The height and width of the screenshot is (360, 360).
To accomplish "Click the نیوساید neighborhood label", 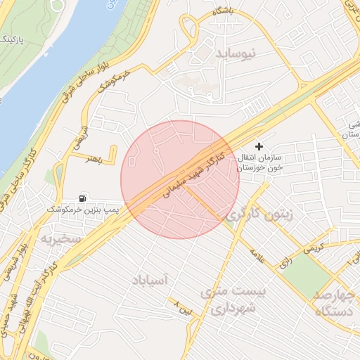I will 236,53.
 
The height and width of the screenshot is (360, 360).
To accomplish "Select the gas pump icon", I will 84,198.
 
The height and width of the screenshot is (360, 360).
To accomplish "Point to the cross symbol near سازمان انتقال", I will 259,146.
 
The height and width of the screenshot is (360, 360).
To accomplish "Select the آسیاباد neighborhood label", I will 149,280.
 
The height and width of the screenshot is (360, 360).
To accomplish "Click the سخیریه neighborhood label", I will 61,239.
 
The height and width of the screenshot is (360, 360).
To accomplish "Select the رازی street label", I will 287,261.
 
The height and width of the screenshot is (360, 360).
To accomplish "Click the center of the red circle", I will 180,180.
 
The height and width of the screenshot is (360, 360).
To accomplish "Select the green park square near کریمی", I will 307,270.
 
